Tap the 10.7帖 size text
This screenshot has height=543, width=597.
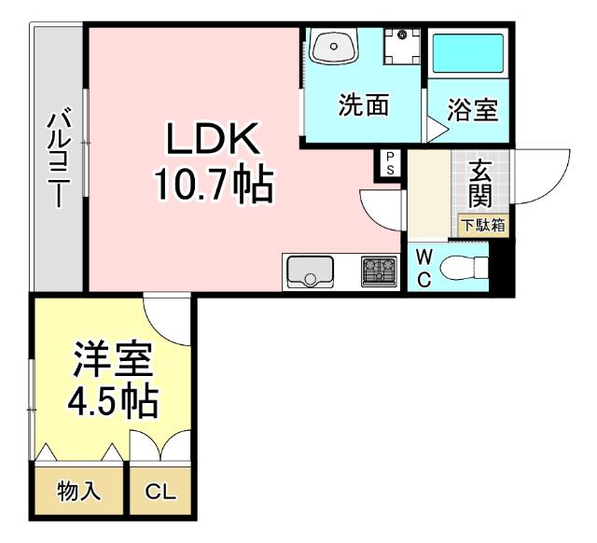point(214,187)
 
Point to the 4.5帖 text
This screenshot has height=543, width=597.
point(111,402)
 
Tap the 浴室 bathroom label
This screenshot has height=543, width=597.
point(472,109)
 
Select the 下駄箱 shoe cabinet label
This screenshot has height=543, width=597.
point(483,225)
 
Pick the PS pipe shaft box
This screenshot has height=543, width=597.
point(389,163)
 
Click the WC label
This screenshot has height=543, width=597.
point(423,268)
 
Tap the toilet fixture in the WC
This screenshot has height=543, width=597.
point(464,269)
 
